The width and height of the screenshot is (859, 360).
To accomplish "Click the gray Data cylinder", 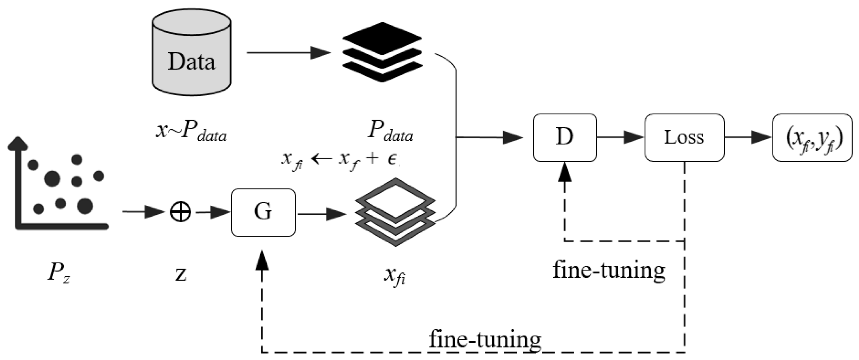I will (x=191, y=53).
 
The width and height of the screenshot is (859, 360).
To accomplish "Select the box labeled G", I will (x=263, y=212).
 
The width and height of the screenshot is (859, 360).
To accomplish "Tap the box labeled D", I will (x=565, y=138).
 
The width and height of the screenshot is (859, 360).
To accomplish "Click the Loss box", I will (x=684, y=138).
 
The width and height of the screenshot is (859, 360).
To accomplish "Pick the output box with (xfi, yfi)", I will (x=812, y=138).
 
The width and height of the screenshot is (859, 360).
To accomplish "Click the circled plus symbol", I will (x=180, y=212).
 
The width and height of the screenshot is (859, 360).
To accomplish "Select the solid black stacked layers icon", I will (x=382, y=52).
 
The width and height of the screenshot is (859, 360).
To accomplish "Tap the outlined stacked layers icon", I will (x=395, y=212).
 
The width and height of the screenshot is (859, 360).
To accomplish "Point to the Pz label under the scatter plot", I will (x=58, y=272).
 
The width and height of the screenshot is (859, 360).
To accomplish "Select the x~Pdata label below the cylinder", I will (x=191, y=132).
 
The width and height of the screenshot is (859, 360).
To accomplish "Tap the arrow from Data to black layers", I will (x=288, y=53).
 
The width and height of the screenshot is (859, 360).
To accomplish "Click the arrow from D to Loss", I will (x=620, y=137).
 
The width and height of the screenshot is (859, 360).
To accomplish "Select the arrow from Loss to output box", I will (x=748, y=137).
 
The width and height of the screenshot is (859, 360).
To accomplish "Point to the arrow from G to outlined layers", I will (x=322, y=214).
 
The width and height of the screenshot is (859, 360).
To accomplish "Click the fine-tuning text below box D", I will (x=609, y=270).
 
